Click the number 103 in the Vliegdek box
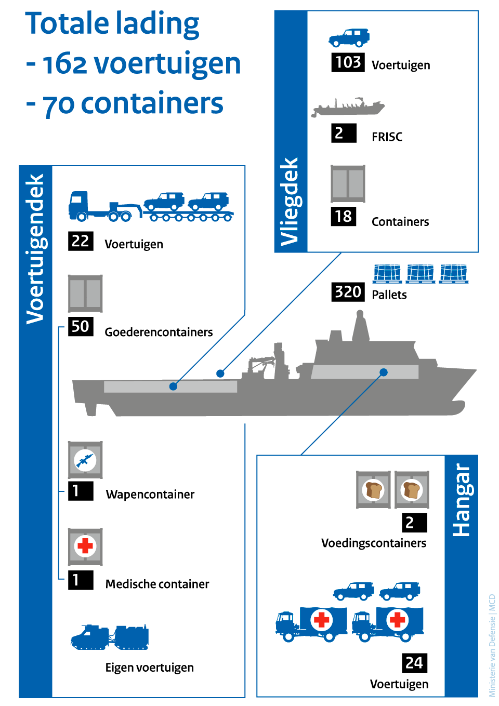pyautogui.click(x=348, y=62)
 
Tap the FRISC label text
pyautogui.click(x=387, y=137)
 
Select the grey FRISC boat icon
pyautogui.click(x=348, y=107)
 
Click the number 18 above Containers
pyautogui.click(x=343, y=216)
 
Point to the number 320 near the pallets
pyautogui.click(x=348, y=292)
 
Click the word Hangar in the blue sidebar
pyautogui.click(x=461, y=500)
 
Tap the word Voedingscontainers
pyautogui.click(x=373, y=543)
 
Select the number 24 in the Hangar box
pyautogui.click(x=414, y=663)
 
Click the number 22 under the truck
pyautogui.click(x=80, y=241)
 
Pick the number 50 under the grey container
pyautogui.click(x=80, y=326)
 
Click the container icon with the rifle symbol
pyautogui.click(x=85, y=460)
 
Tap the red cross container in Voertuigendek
pyautogui.click(x=85, y=547)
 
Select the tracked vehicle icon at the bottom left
pyautogui.click(x=110, y=637)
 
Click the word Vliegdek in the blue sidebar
pyautogui.click(x=290, y=201)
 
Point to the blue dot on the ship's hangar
pyautogui.click(x=384, y=372)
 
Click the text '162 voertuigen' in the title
pyautogui.click(x=141, y=63)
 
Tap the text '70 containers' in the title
pyautogui.click(x=133, y=103)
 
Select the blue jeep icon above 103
pyautogui.click(x=349, y=38)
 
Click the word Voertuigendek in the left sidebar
pyautogui.click(x=35, y=249)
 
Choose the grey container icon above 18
pyautogui.click(x=348, y=183)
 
